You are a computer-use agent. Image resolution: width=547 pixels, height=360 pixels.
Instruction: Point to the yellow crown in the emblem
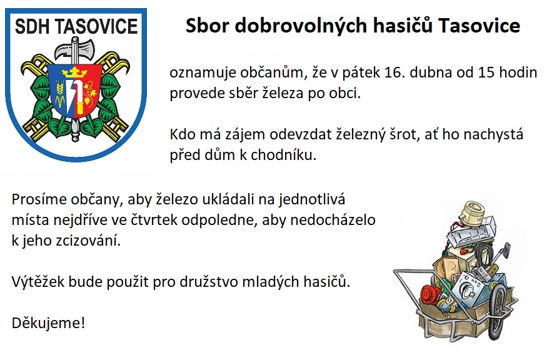(x=74, y=72)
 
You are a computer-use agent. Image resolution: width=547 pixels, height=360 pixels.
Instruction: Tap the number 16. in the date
(x=394, y=72)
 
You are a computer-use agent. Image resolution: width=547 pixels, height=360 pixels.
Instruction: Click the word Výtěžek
(x=38, y=281)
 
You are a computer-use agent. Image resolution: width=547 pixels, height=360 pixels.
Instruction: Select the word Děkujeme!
(x=48, y=322)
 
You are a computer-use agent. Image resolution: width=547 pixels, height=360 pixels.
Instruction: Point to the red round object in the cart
(x=431, y=294)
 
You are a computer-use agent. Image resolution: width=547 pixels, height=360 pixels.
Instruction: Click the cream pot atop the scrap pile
(x=471, y=211)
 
